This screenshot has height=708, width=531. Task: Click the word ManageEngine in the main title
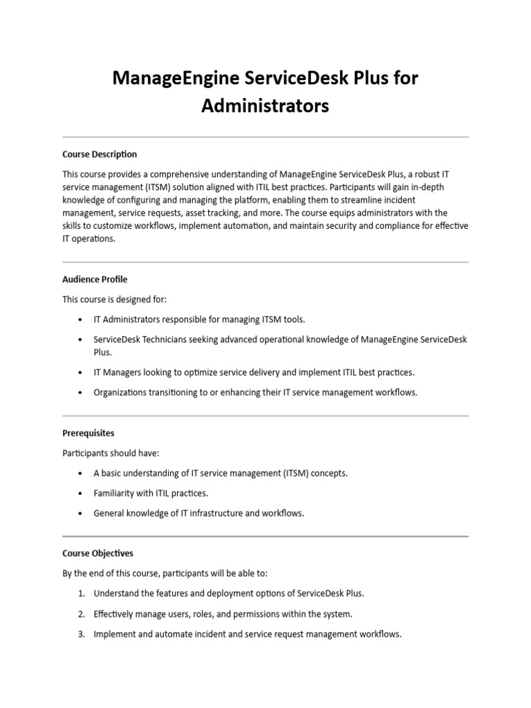167,79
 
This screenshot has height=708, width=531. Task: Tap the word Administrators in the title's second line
265,106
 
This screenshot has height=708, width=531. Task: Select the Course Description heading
100,154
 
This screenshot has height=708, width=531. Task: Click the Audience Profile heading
95,279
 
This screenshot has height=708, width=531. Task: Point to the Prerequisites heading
88,433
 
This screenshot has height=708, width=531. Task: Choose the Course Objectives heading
97,553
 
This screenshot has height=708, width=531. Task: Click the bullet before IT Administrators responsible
81,319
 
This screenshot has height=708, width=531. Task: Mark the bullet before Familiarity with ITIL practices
81,494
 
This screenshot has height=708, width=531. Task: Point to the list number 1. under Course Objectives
81,593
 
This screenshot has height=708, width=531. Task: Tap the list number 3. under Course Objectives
81,633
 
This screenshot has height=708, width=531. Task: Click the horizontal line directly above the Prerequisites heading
265,416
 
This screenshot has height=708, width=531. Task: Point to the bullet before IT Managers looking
81,373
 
